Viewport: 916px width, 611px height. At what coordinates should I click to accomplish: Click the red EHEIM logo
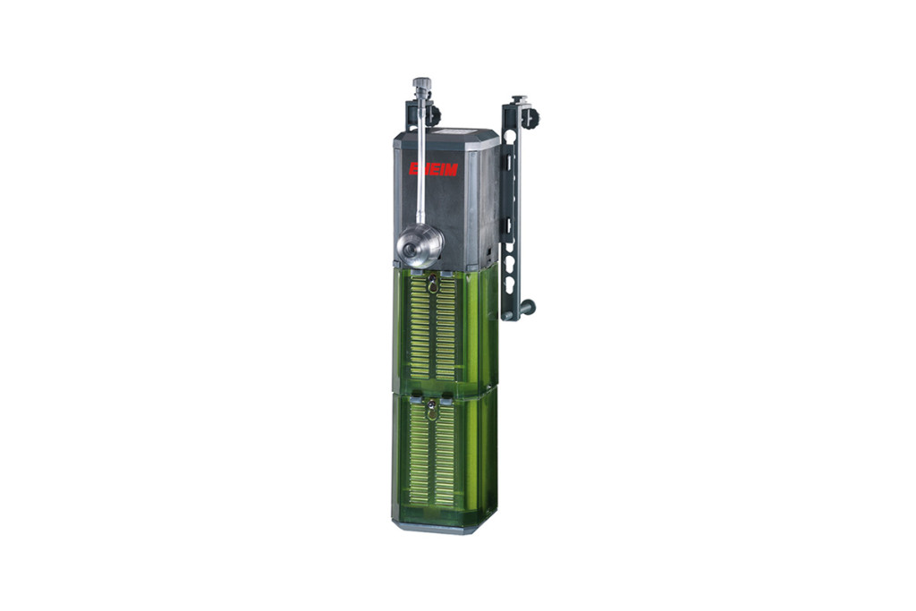coord(433,169)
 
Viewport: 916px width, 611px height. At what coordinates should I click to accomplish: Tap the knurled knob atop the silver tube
coord(421,83)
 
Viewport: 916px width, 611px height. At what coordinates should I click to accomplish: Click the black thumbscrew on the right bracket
coord(530,119)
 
